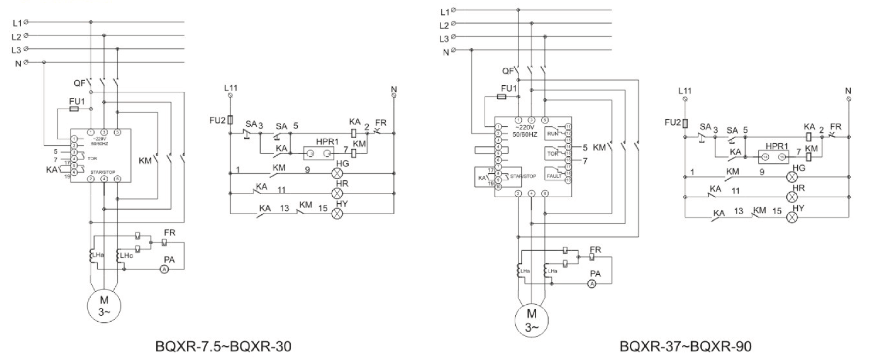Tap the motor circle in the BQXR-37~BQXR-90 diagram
pyautogui.click(x=532, y=320)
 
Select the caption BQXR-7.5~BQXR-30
pyautogui.click(x=223, y=346)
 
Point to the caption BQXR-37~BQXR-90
pyautogui.click(x=685, y=346)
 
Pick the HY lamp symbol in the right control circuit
pyautogui.click(x=792, y=217)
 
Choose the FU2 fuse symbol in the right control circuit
pyautogui.click(x=685, y=124)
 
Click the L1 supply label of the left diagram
pyautogui.click(x=16, y=23)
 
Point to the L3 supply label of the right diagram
pyautogui.click(x=444, y=39)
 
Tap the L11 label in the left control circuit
pyautogui.click(x=231, y=87)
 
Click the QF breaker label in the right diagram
pyautogui.click(x=508, y=70)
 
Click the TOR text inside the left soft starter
pyautogui.click(x=92, y=158)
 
